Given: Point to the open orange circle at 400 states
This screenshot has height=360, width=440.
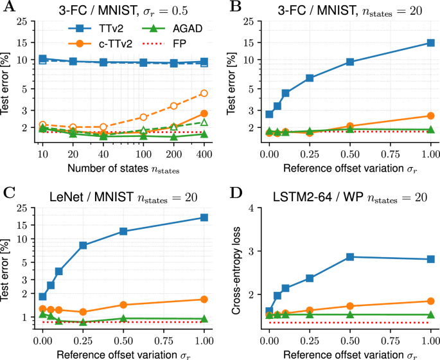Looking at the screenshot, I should coord(204,93).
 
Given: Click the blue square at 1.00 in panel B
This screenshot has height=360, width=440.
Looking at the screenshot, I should coord(430,43).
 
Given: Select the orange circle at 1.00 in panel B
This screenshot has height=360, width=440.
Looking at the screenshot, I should coord(430,116).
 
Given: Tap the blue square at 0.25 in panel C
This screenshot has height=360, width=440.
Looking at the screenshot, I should coord(83,246).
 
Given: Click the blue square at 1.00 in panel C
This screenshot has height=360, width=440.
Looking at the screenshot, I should coord(204,217).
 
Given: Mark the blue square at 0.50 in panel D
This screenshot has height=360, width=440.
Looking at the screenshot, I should coord(350,256).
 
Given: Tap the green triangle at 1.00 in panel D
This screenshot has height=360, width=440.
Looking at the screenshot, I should coord(430,315).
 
